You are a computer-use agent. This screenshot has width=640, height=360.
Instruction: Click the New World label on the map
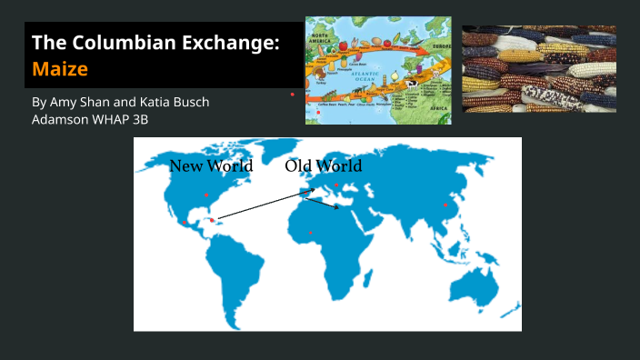pos(211,165)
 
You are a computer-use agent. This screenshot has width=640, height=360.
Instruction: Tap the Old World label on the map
pos(323,165)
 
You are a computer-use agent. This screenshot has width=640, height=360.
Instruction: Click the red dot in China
pos(445,205)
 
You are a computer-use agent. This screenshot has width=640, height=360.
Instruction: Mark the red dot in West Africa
pos(311,233)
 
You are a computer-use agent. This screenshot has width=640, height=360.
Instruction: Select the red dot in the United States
pos(206,195)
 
